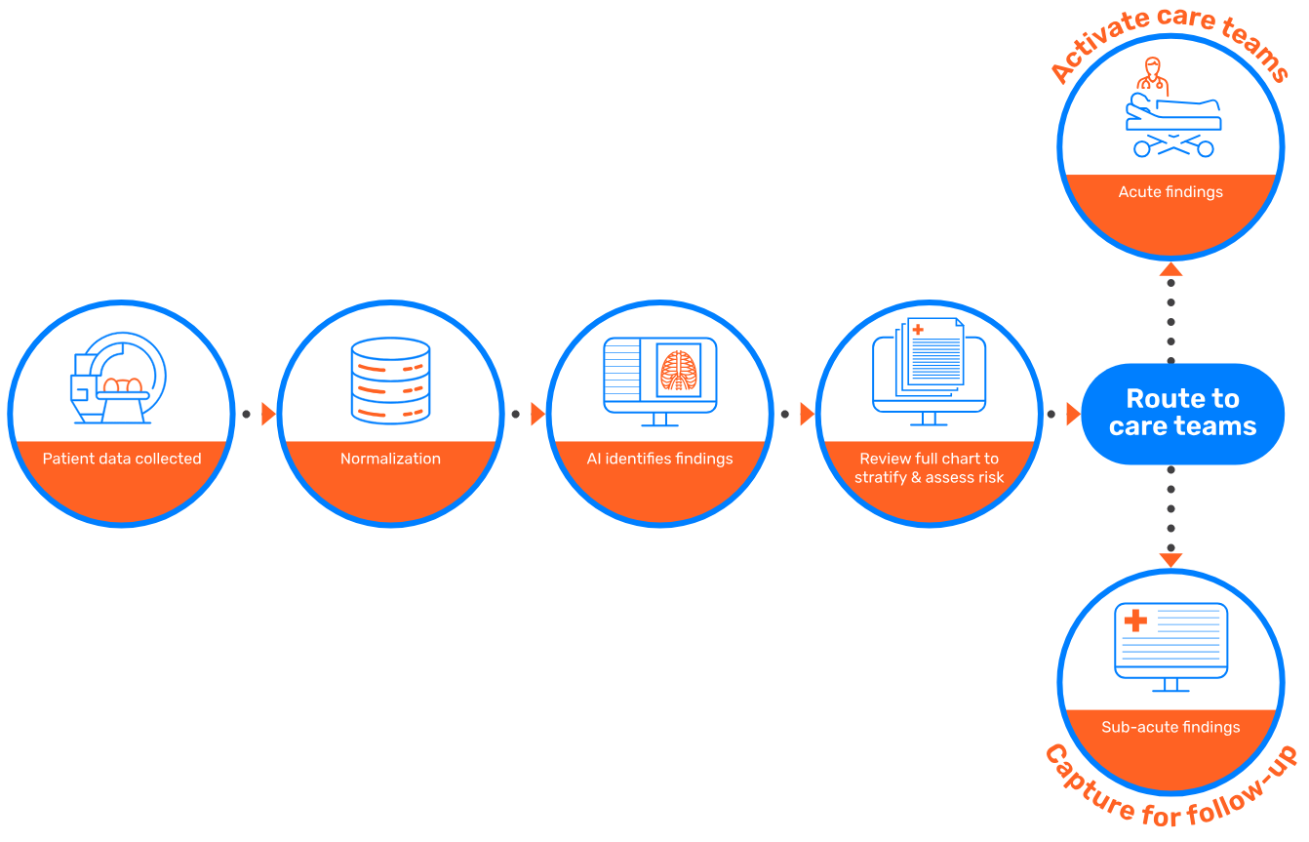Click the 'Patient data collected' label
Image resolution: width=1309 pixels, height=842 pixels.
click(122, 459)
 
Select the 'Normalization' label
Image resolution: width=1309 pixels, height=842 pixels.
click(390, 459)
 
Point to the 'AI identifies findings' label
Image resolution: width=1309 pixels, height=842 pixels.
click(659, 459)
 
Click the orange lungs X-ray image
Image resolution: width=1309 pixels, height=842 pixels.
click(679, 371)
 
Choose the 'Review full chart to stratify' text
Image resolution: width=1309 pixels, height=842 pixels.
click(929, 467)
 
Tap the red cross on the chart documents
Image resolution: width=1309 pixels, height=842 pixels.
click(918, 330)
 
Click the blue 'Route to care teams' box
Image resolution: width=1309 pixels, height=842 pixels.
click(1182, 413)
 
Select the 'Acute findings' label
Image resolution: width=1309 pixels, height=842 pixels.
click(1170, 192)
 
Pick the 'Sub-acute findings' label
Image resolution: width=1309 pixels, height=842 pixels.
click(1170, 727)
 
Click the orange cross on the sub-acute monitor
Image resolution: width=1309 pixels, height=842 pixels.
click(1135, 621)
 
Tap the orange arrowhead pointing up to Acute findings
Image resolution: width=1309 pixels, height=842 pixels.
click(1170, 268)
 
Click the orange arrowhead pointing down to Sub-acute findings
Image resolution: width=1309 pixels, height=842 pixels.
click(1170, 560)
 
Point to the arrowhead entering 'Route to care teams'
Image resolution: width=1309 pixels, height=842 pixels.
click(1073, 415)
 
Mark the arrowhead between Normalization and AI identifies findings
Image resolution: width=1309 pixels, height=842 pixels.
click(538, 415)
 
